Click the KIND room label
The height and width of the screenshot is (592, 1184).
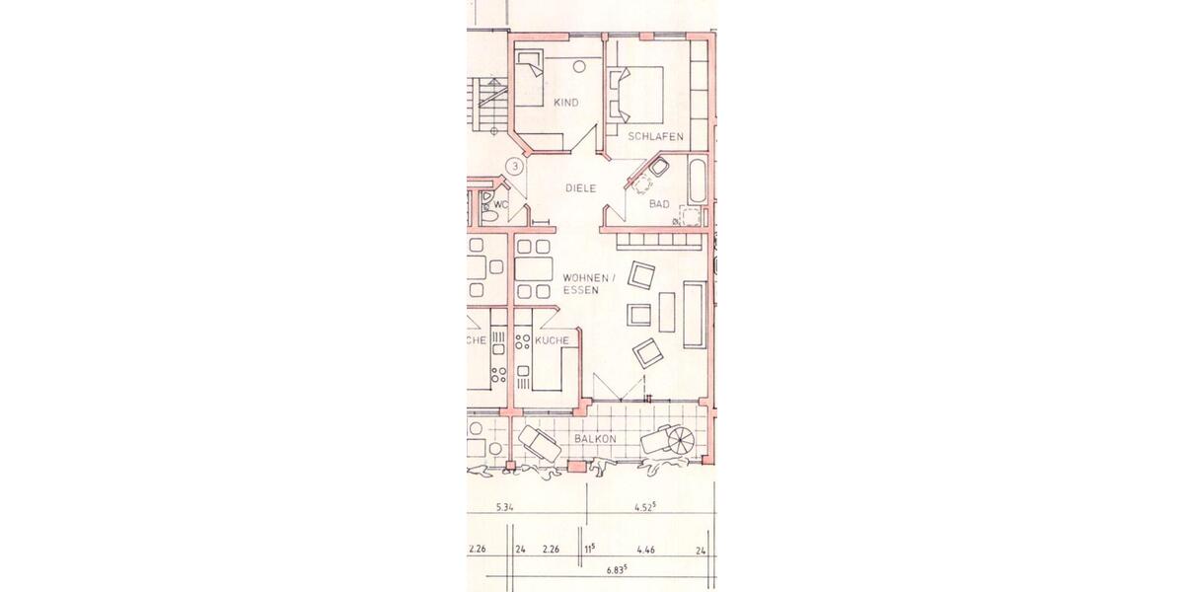[x=565, y=103]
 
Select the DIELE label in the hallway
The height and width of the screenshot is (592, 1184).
[x=581, y=187]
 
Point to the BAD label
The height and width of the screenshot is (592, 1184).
[x=659, y=204]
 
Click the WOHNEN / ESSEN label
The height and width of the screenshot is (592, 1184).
[x=588, y=285]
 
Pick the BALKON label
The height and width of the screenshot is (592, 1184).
[x=595, y=438]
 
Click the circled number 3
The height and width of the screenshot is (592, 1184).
[x=513, y=167]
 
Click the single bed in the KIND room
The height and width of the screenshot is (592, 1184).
[x=531, y=77]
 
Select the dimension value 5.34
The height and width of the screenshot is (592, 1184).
[x=504, y=508]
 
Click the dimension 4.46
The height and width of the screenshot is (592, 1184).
[x=647, y=550]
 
